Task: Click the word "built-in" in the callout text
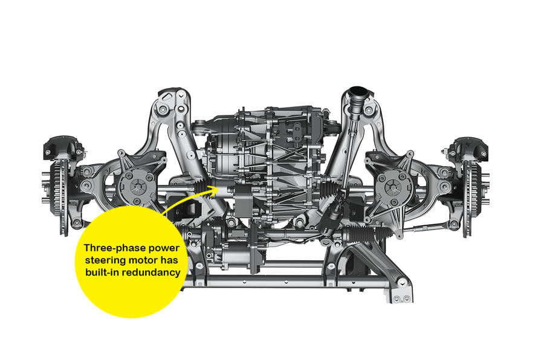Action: click(x=100, y=272)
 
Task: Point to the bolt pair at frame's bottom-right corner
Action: click(x=400, y=298)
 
